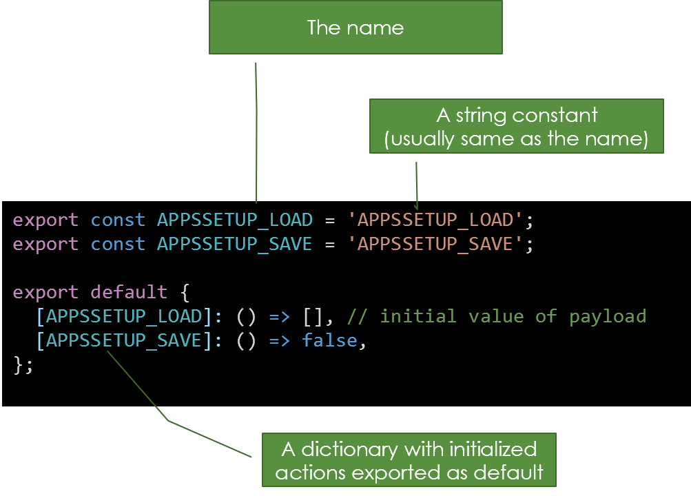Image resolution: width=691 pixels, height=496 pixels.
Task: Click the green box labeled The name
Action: (x=355, y=28)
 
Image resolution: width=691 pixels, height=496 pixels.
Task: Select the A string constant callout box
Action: (x=517, y=126)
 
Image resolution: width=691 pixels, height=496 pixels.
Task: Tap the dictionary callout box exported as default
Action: (x=409, y=461)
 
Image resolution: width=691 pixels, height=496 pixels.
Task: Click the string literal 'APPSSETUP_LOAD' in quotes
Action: (x=436, y=220)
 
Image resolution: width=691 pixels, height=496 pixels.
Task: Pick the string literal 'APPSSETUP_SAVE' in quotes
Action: (x=436, y=245)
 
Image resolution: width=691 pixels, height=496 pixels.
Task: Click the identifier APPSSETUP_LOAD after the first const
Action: (x=235, y=220)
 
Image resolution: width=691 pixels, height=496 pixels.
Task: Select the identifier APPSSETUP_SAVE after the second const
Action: (x=235, y=245)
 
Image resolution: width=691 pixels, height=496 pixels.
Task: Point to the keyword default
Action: (x=129, y=292)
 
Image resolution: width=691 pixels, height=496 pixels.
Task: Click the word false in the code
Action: (x=329, y=341)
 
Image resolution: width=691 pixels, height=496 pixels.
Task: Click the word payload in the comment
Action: (x=608, y=317)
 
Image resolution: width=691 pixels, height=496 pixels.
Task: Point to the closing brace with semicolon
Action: (x=23, y=365)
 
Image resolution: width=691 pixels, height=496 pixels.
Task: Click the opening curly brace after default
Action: (x=185, y=293)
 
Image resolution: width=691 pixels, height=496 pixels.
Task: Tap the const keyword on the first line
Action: (x=118, y=220)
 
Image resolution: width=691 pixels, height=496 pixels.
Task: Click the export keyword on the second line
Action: (x=45, y=245)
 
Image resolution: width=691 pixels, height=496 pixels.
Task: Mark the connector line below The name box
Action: (x=256, y=131)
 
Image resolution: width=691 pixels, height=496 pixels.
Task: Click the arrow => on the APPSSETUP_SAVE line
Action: (x=278, y=341)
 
